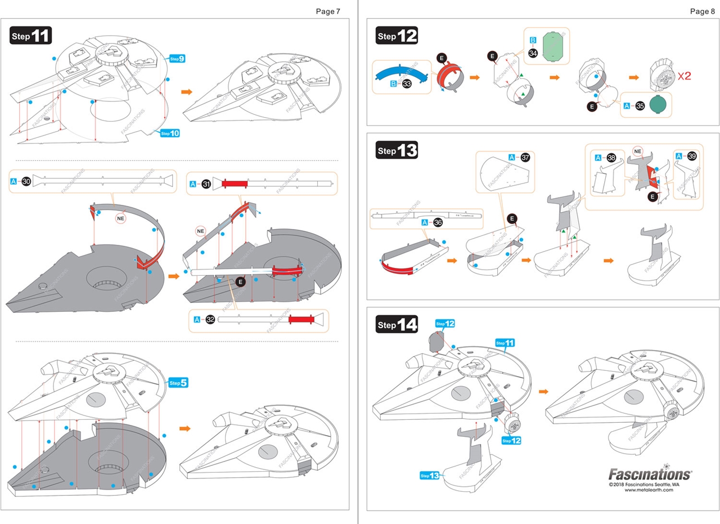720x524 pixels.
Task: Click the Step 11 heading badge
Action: tap(31, 35)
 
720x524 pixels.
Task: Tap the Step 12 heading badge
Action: tap(397, 36)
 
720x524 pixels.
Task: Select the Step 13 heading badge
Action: tap(397, 150)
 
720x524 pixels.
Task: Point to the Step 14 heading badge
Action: tap(397, 325)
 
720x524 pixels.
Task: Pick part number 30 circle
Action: tap(25, 181)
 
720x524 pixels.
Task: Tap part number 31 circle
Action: tap(206, 184)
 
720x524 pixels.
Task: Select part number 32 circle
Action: tap(210, 319)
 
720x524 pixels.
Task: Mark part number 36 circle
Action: tap(437, 223)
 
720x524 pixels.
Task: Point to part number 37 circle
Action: tap(526, 157)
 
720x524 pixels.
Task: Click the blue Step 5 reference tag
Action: tap(178, 383)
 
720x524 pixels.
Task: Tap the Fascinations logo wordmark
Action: tap(650, 474)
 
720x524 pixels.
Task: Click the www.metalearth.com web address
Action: tap(649, 490)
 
